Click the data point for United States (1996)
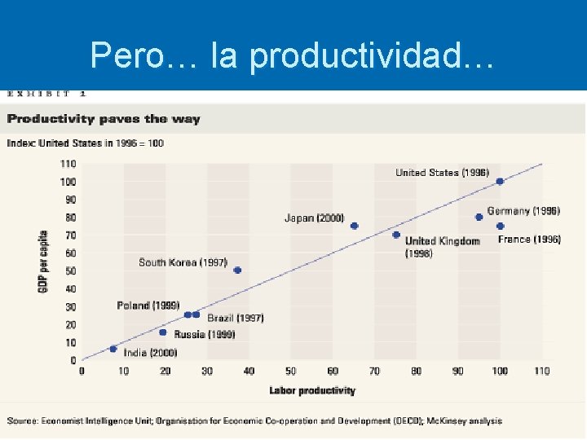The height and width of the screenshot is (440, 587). tap(500, 182)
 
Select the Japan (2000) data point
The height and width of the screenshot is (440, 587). tap(354, 226)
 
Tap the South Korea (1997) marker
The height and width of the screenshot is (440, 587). tap(237, 271)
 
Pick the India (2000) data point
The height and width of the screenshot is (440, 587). tap(113, 349)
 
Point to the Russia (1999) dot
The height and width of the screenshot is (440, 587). tap(163, 332)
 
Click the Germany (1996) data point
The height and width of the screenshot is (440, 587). tap(479, 217)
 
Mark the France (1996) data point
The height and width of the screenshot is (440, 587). tap(500, 226)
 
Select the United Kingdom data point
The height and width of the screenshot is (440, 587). tap(396, 235)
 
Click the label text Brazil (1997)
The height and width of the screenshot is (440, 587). tap(235, 318)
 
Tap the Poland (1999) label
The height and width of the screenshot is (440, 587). tap(148, 306)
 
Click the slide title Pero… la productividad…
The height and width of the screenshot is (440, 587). tap(292, 55)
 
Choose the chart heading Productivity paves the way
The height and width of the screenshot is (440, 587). tap(104, 119)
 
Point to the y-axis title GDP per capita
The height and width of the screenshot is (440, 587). tap(43, 261)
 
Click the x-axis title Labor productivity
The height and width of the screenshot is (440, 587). tap(312, 391)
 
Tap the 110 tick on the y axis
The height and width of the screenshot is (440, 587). tap(68, 164)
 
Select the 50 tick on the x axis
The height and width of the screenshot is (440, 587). tap(291, 372)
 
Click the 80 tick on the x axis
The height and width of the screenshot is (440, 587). tap(417, 372)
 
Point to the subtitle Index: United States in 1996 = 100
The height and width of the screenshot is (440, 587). tap(86, 143)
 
